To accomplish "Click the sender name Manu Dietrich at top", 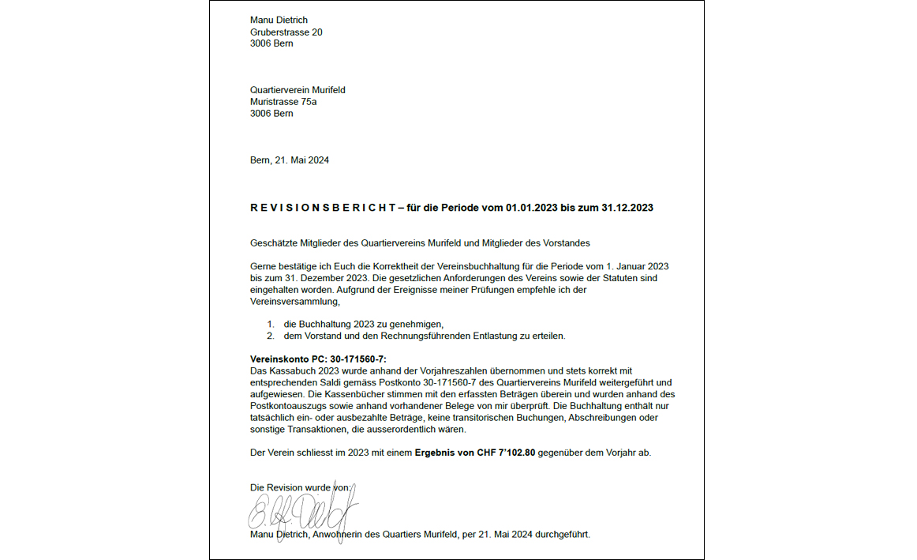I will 279,20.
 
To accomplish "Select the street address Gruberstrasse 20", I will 286,32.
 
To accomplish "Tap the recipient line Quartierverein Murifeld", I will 298,90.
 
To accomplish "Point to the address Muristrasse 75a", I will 283,102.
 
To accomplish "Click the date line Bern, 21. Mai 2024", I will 289,160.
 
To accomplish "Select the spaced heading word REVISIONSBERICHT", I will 322,208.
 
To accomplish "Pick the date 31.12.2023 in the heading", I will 627,208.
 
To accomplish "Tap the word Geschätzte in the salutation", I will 272,242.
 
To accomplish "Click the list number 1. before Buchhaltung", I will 271,325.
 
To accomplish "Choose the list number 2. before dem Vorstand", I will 271,336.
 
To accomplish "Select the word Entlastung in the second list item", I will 474,336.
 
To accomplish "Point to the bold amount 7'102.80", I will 517,453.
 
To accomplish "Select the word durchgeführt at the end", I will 562,535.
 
